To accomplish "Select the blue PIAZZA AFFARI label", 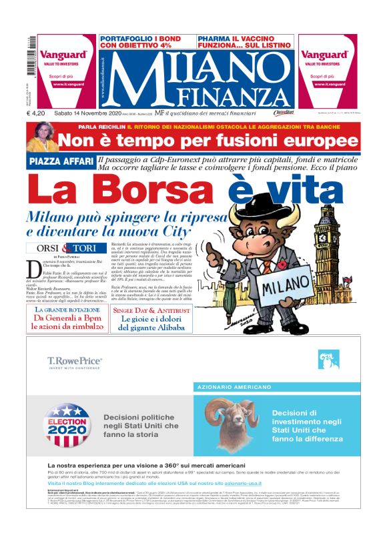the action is [x=61, y=161].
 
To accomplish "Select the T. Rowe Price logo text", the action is [x=75, y=362].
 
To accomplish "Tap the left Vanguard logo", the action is [x=63, y=55].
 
